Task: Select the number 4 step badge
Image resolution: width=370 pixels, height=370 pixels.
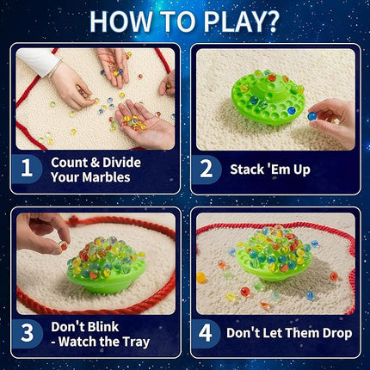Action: point(206,332)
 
